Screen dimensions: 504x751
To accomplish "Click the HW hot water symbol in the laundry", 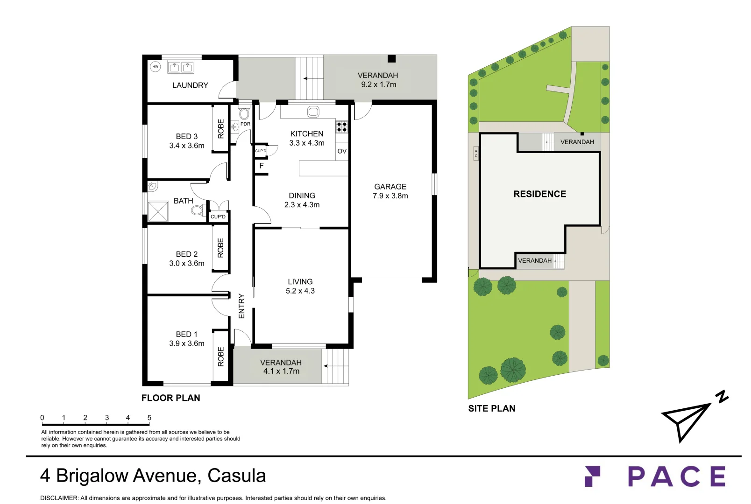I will pos(156,67).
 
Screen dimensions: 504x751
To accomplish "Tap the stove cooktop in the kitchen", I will pos(342,126).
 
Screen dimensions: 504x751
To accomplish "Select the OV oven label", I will pos(342,151).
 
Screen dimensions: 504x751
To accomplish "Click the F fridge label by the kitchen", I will pos(262,166).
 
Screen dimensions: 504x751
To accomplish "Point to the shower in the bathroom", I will pos(158,211).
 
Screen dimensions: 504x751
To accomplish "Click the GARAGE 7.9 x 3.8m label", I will pos(390,191).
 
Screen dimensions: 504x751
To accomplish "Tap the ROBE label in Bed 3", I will pos(221,129).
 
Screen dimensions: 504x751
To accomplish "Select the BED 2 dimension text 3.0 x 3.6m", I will pos(186,263).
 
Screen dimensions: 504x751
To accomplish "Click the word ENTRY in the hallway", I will pos(241,306).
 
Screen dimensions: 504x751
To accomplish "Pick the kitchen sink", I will pos(313,112).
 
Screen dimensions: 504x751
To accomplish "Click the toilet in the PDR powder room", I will pos(244,114).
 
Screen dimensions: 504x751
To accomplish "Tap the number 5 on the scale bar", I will pos(149,418).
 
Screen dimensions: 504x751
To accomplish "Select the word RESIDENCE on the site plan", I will pos(539,194).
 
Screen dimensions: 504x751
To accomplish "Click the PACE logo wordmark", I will pos(676,476).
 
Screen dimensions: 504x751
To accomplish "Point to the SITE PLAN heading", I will pos(491,408).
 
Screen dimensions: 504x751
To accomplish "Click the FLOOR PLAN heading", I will pos(170,398).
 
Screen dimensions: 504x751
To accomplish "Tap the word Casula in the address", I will pos(237,476).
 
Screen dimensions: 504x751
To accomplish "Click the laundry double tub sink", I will pos(181,68).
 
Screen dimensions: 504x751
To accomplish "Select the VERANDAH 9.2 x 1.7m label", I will pos(378,80).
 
